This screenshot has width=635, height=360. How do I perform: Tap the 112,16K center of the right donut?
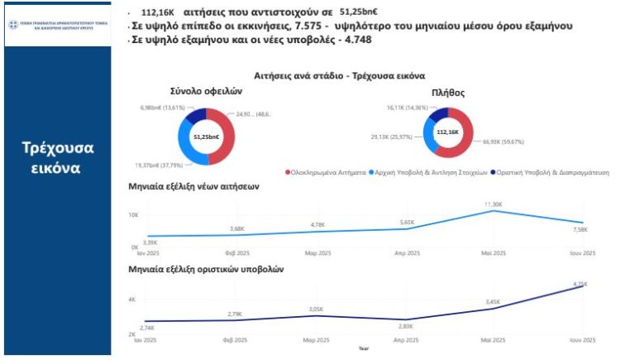pos(447,132)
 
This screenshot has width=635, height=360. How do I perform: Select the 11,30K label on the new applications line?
pos(494,204)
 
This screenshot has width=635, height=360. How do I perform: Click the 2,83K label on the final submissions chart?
pos(406,326)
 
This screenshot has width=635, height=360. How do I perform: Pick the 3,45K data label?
pos(493,302)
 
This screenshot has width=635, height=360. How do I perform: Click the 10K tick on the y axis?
pos(132,215)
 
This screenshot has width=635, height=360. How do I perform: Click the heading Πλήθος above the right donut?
pos(447,92)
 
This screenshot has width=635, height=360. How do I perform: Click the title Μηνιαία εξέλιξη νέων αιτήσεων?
pos(193,187)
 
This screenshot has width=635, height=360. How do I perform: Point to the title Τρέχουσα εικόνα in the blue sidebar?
pos(57,157)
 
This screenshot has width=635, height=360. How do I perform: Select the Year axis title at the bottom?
pos(364,348)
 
